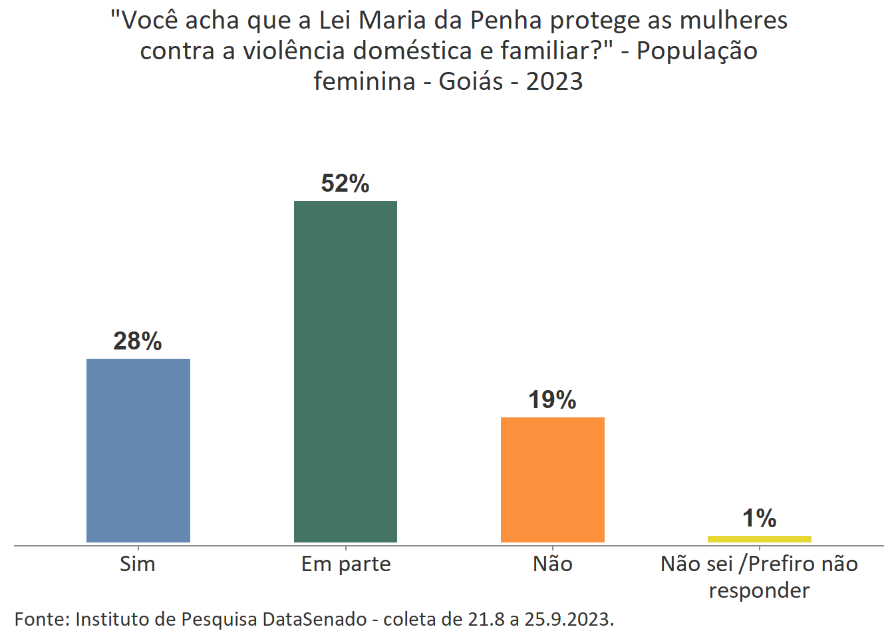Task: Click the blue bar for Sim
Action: click(x=138, y=450)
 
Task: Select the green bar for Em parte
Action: click(x=345, y=371)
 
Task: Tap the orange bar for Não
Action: click(x=552, y=479)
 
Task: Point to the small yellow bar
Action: click(x=759, y=538)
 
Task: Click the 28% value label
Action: click(x=138, y=341)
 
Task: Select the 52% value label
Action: click(x=345, y=183)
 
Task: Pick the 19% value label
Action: click(x=552, y=399)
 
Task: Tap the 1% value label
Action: click(x=759, y=518)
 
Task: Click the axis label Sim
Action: click(x=138, y=564)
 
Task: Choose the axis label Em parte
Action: click(x=346, y=564)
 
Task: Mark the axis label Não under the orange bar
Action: click(x=553, y=564)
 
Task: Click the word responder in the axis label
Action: click(x=759, y=590)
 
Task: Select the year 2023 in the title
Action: click(x=554, y=81)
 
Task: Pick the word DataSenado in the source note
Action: click(x=315, y=619)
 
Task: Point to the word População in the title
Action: click(x=696, y=51)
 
